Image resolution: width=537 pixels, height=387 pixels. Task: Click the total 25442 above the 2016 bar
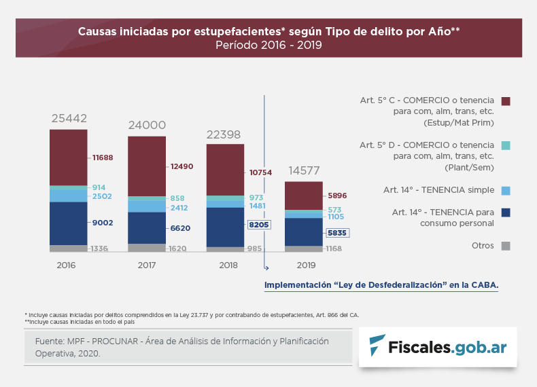[x=69, y=118]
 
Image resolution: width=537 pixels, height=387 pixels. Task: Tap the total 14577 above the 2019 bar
[x=303, y=170]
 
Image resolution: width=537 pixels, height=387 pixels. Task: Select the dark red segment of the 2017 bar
[x=147, y=166]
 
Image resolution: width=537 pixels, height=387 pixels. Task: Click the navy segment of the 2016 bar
[x=69, y=223]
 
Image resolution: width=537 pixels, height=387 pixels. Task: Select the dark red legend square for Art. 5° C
[x=505, y=101]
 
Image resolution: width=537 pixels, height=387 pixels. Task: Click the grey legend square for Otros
[x=505, y=246]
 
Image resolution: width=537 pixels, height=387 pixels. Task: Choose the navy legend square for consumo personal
[x=505, y=213]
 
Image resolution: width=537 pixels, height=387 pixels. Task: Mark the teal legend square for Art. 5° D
[x=505, y=145]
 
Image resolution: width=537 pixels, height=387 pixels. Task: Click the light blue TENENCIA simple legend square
[x=505, y=190]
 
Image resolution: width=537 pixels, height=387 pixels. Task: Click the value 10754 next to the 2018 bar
[x=260, y=172]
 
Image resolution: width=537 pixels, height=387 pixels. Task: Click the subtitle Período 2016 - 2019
[x=268, y=45]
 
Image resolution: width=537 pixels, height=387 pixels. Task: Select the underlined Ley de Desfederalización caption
[x=381, y=286]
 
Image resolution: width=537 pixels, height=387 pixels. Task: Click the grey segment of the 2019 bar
[x=303, y=248]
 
